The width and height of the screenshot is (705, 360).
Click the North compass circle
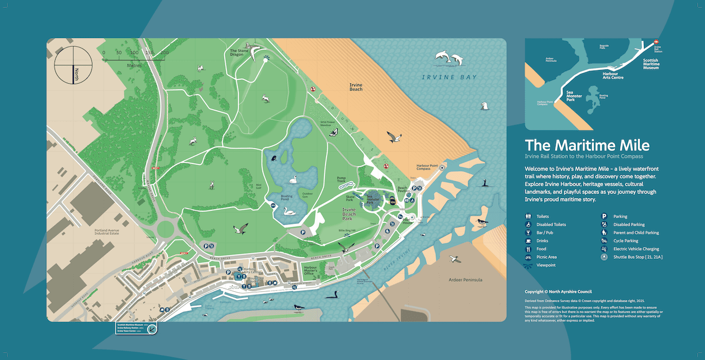[x=73, y=65]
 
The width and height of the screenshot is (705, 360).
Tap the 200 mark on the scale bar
[x=165, y=53]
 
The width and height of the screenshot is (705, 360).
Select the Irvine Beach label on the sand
[x=356, y=87]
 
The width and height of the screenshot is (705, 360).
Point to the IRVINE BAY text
[x=449, y=77]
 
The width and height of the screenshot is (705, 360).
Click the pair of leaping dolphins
[x=449, y=57]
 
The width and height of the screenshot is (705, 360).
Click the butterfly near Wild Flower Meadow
[x=334, y=132]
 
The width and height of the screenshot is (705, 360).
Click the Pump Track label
[x=341, y=180]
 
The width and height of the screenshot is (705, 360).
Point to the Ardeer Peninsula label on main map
[x=465, y=280]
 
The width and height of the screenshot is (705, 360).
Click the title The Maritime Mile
[x=587, y=145]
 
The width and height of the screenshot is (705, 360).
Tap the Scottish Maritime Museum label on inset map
[x=650, y=64]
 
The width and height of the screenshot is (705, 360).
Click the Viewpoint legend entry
[x=546, y=265]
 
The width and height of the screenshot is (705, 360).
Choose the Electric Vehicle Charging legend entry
[x=636, y=249]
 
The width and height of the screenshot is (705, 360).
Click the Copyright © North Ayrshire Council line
[x=558, y=292]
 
